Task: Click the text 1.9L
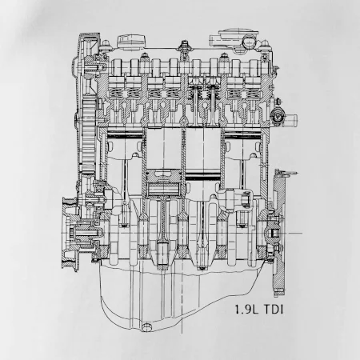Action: coord(246,310)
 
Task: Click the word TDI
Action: coord(274,310)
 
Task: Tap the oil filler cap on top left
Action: coord(131,42)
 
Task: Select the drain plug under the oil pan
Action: coord(146,327)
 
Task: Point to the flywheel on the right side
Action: coord(279,233)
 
